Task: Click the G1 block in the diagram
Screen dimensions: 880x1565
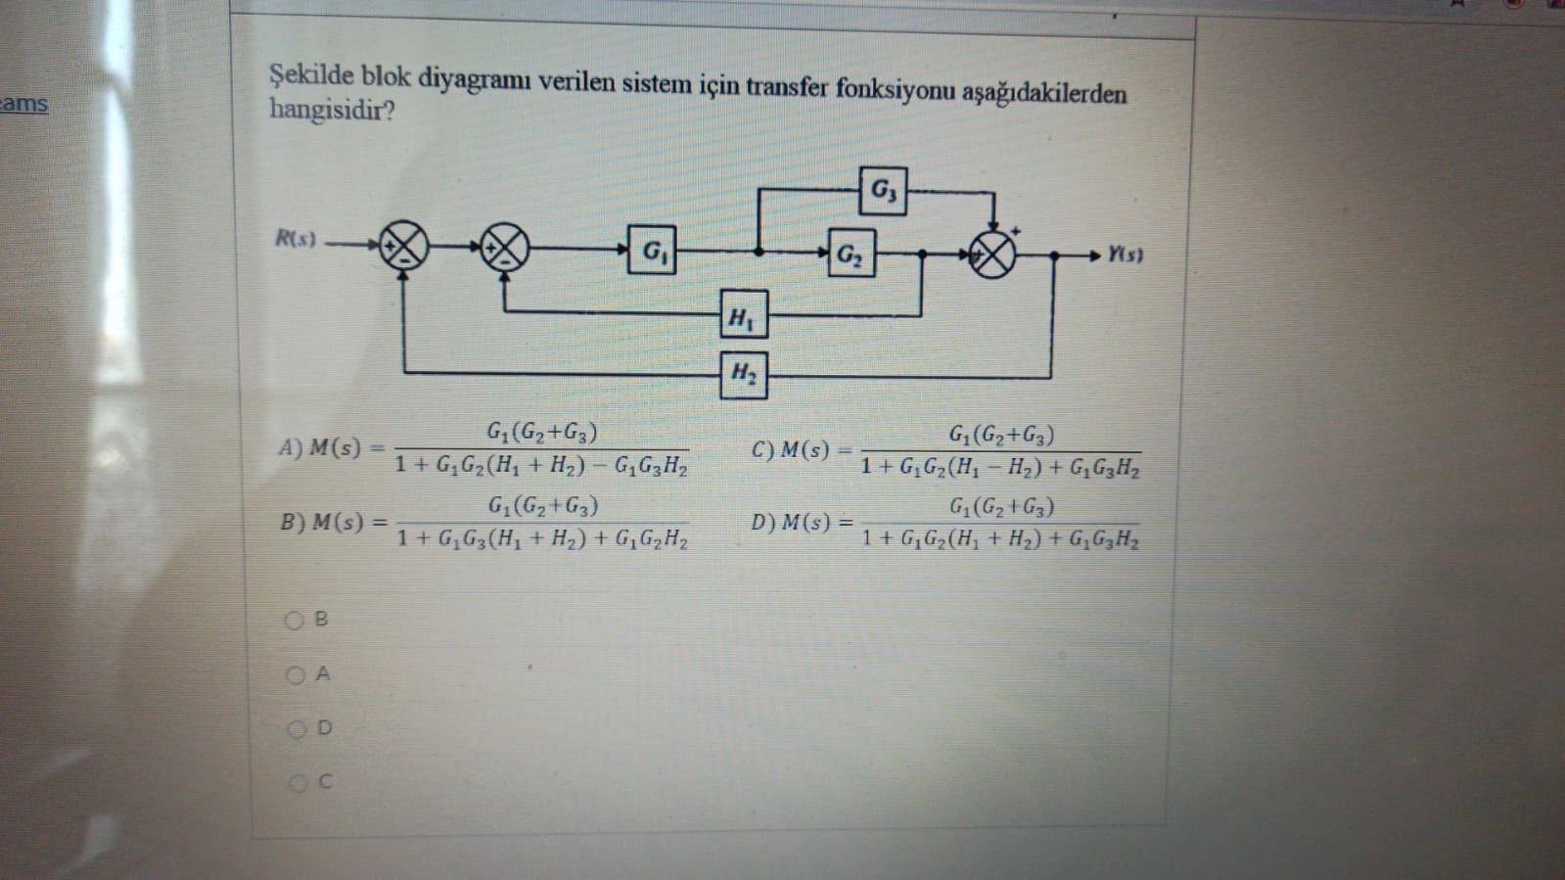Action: click(651, 251)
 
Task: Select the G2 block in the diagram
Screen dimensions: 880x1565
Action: click(851, 254)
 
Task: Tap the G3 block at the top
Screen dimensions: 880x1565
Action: click(883, 190)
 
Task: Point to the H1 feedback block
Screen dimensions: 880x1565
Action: click(743, 315)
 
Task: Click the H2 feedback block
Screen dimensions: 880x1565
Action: click(744, 374)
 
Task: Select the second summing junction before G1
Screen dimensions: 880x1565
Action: click(504, 248)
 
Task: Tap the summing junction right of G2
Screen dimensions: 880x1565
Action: click(992, 255)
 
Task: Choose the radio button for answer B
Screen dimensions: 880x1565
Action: click(294, 620)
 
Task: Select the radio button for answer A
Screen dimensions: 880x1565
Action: click(295, 674)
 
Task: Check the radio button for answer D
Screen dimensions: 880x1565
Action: click(296, 729)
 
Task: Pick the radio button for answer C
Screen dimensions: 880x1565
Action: click(297, 783)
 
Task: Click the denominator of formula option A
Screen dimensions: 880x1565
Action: click(541, 465)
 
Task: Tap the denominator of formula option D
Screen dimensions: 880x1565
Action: click(1000, 538)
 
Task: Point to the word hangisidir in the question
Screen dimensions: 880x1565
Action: click(332, 110)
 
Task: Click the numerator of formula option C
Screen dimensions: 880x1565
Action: click(1001, 434)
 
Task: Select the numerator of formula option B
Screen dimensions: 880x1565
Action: click(543, 506)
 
